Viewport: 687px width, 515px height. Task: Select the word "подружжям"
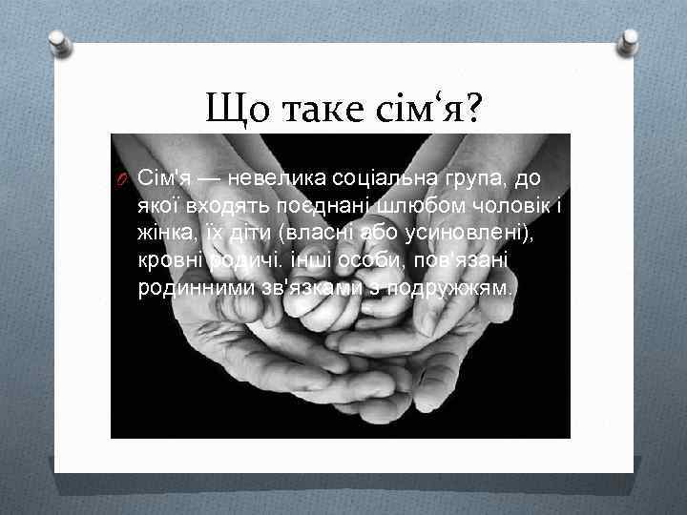click(x=461, y=288)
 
